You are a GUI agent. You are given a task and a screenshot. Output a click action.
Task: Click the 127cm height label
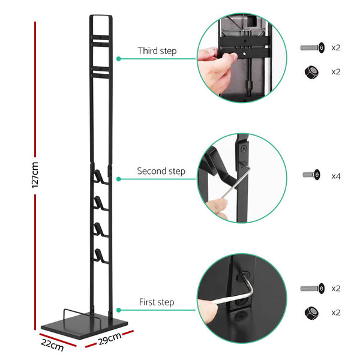(x=35, y=174)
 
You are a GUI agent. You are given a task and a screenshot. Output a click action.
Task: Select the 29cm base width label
(x=110, y=343)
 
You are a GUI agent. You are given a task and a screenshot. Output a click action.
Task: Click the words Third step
(x=157, y=51)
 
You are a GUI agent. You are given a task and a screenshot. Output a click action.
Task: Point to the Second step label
(x=161, y=171)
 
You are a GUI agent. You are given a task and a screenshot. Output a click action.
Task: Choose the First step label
(x=157, y=302)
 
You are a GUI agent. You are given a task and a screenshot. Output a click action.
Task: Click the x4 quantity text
(x=336, y=176)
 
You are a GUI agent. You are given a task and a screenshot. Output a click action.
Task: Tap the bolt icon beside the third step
(x=312, y=48)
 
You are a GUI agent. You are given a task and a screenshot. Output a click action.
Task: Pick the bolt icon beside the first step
(x=312, y=289)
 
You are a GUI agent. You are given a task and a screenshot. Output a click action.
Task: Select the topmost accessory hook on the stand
(x=97, y=176)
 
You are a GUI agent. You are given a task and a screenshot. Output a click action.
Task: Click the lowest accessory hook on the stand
(x=97, y=254)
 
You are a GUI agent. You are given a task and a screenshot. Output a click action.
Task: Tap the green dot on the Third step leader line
(x=119, y=59)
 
